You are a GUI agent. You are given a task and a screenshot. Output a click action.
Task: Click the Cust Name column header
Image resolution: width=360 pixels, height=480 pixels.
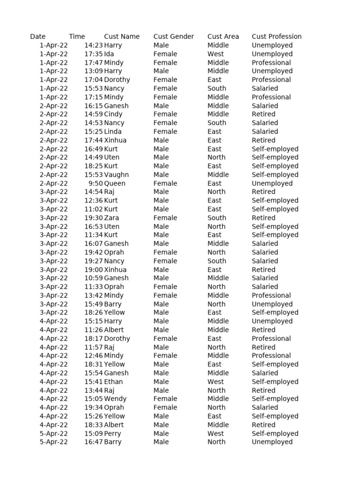click(x=122, y=37)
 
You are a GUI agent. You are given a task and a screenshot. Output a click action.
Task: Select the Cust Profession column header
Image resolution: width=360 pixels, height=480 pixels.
click(x=277, y=37)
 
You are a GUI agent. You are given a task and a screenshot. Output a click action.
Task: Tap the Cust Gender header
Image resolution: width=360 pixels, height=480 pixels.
click(x=173, y=37)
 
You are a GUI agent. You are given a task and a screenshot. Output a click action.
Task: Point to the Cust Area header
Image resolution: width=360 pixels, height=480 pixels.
click(x=223, y=37)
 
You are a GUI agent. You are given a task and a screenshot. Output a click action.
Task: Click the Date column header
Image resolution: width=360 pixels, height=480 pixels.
click(x=38, y=37)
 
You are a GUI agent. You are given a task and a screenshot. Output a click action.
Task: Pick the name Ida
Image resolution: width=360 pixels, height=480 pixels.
click(x=109, y=54)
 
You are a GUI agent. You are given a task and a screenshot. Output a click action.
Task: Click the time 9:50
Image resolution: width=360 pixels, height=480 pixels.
click(x=96, y=183)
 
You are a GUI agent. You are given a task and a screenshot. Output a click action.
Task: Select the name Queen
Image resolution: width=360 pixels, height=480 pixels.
click(x=115, y=183)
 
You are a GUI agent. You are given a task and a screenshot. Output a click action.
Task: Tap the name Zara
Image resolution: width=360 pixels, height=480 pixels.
click(x=112, y=218)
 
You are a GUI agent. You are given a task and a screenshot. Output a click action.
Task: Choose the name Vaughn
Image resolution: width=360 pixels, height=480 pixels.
click(x=116, y=175)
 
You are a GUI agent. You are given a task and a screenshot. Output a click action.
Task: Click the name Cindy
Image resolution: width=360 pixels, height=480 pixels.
click(x=113, y=114)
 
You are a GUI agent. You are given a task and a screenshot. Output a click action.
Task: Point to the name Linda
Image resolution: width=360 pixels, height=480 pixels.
click(x=113, y=132)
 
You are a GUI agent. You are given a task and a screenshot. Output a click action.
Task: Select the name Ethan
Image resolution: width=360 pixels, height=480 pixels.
click(x=113, y=382)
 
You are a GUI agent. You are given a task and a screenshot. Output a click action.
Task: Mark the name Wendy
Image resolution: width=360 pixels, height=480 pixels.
click(x=115, y=399)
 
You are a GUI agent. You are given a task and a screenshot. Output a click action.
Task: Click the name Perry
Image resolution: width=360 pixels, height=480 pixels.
click(x=112, y=434)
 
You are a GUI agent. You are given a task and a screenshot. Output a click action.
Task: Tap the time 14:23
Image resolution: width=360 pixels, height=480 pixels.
click(x=93, y=45)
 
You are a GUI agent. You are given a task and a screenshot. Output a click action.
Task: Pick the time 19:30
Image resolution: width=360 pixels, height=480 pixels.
click(x=93, y=218)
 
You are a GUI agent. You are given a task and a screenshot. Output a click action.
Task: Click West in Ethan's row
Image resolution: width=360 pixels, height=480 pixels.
click(x=216, y=382)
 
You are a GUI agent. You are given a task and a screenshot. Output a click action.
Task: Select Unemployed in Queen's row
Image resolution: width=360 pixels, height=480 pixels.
click(x=272, y=183)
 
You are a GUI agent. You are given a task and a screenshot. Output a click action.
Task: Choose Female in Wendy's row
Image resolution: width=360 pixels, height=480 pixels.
click(x=165, y=399)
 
